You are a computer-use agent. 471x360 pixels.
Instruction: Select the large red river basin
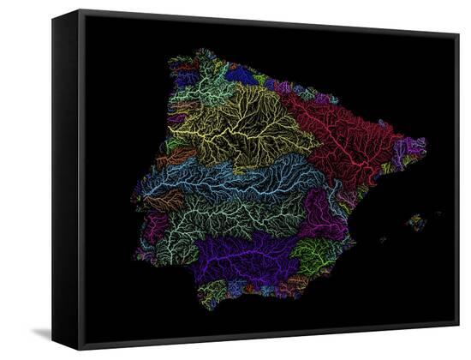click(x=343, y=141)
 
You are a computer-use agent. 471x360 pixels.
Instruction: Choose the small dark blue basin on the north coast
click(x=241, y=76)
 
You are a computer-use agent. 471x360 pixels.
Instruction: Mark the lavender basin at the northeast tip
click(x=409, y=151)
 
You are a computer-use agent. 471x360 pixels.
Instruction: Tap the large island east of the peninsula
click(x=416, y=222)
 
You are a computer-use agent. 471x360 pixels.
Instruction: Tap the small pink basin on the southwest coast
click(x=154, y=228)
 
